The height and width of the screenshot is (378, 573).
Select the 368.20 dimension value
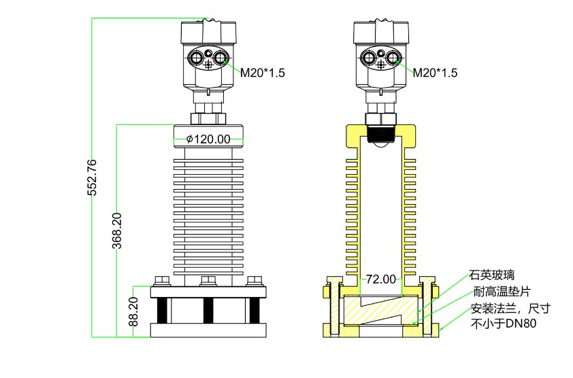click(x=117, y=231)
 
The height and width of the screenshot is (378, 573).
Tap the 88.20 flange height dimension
click(x=134, y=312)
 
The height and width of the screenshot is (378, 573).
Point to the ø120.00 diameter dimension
click(x=208, y=139)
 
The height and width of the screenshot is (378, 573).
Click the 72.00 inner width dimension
click(x=381, y=279)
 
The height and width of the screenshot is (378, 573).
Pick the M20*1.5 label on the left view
click(x=262, y=73)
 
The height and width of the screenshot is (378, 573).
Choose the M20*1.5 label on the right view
click(x=435, y=73)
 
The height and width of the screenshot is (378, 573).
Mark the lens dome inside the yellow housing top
click(x=381, y=143)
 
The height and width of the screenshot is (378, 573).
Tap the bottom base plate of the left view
click(x=208, y=330)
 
